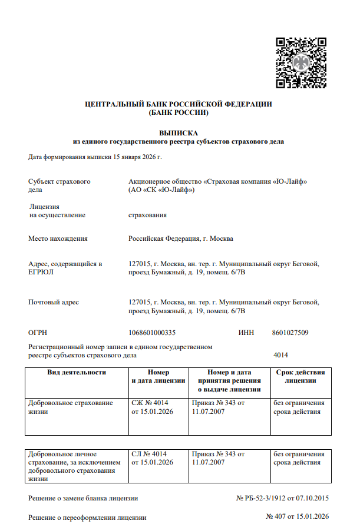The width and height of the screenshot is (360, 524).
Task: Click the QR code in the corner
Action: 301,62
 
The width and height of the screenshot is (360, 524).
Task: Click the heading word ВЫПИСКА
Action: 179,133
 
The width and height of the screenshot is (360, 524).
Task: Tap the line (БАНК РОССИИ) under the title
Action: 179,112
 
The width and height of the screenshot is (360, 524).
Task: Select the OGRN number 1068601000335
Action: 151,333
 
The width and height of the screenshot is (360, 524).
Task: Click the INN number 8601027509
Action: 290,333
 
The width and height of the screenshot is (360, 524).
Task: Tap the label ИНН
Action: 246,333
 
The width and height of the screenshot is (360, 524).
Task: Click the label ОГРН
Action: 37,333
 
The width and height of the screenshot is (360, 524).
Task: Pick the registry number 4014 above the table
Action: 280,355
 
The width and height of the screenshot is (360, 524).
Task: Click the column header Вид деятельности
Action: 77,372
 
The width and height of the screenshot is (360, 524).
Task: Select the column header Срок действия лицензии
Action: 300,376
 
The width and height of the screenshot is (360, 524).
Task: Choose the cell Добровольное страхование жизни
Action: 70,407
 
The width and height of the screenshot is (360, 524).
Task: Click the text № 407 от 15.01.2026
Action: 298,517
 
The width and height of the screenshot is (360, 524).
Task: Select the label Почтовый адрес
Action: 54,302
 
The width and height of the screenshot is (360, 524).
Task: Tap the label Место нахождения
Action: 58,238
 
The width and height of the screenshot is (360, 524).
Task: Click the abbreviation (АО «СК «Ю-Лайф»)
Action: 161,190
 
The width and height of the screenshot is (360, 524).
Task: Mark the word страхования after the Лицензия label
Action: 147,215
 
